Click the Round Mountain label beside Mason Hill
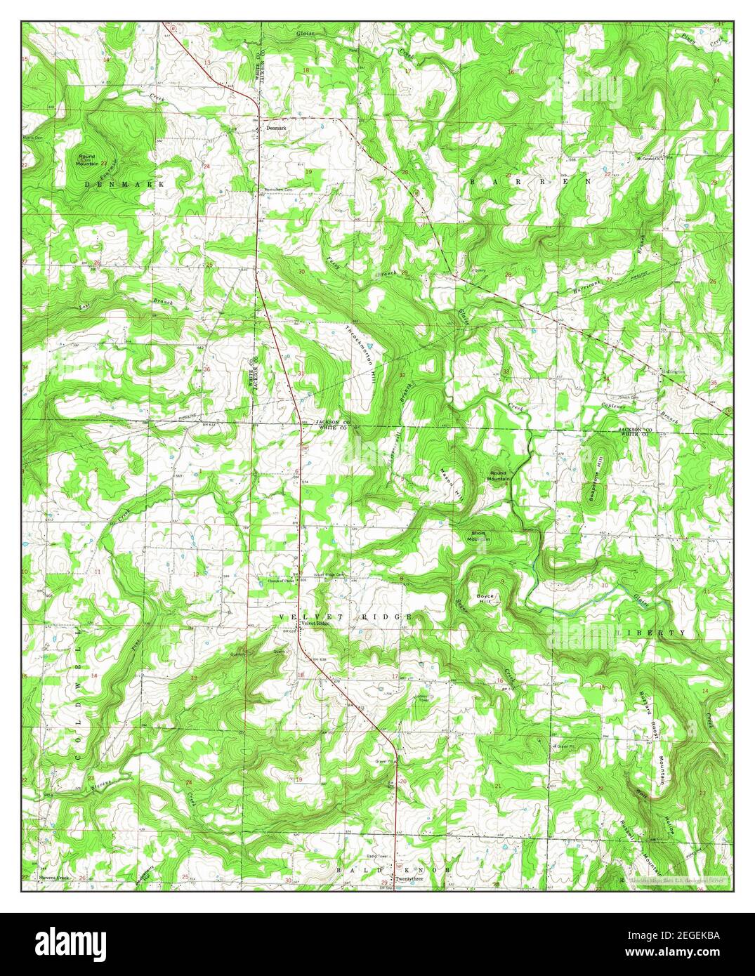[499, 475]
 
